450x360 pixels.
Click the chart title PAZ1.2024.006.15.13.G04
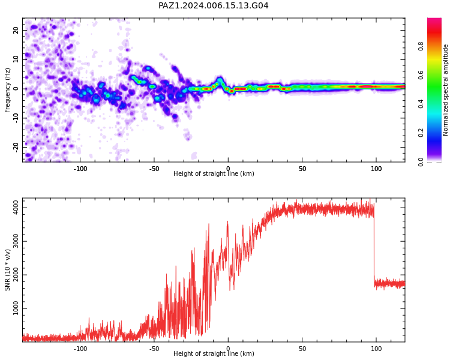[x=214, y=5]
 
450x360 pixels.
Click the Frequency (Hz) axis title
[x=7, y=90]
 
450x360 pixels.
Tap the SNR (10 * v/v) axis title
[x=7, y=270]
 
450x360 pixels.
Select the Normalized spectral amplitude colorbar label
[x=445, y=90]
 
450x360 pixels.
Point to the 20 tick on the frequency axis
[x=16, y=30]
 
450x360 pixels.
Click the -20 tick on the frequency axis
[x=16, y=148]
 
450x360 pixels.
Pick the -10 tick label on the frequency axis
[x=16, y=118]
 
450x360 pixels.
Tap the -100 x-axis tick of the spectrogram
[x=80, y=169]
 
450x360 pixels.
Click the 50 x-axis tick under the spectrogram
[x=302, y=169]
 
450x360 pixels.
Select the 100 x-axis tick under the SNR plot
[x=376, y=349]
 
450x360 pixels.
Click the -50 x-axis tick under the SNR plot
[x=154, y=349]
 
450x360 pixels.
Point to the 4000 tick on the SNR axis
[x=16, y=208]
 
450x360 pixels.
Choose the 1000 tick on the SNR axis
[x=16, y=308]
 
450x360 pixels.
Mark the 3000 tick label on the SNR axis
[x=16, y=241]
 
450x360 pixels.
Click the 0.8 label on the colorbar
[x=421, y=46]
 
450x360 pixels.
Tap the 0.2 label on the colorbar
[x=421, y=133]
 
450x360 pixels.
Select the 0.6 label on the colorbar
[x=421, y=75]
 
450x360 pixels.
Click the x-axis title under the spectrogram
[x=214, y=173]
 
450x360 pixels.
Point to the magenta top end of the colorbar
[x=434, y=20]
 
